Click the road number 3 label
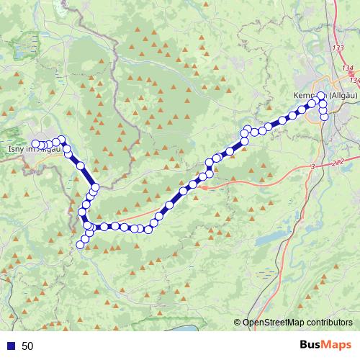(313, 167)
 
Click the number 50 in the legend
(28, 346)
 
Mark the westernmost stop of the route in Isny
(35, 124)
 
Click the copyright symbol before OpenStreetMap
(237, 323)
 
